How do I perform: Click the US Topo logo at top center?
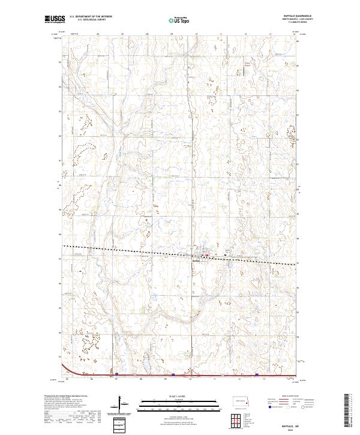[181, 20]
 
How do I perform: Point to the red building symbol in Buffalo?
[208, 256]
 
